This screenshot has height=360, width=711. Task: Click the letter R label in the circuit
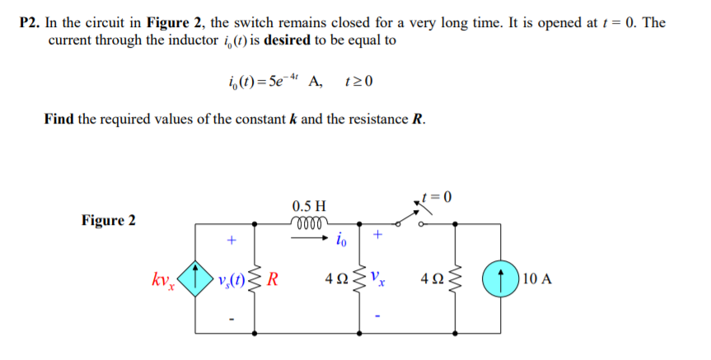pos(272,277)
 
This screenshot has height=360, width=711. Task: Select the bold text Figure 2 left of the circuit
pos(109,221)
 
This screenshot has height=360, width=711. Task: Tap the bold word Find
pos(59,119)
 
